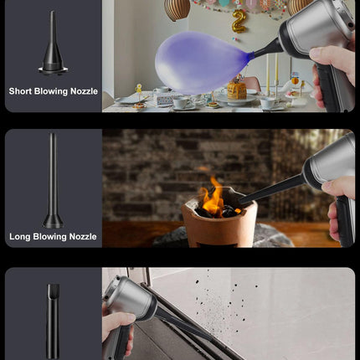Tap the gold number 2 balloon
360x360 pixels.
pyautogui.click(x=239, y=21)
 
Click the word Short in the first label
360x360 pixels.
pyautogui.click(x=20, y=91)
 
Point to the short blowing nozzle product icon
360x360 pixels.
pyautogui.click(x=53, y=44)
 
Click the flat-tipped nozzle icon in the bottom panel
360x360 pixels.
pyautogui.click(x=53, y=321)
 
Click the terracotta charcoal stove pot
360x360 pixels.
pyautogui.click(x=219, y=224)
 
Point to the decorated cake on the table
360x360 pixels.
pyautogui.click(x=237, y=90)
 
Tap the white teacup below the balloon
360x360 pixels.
pyautogui.click(x=181, y=102)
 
